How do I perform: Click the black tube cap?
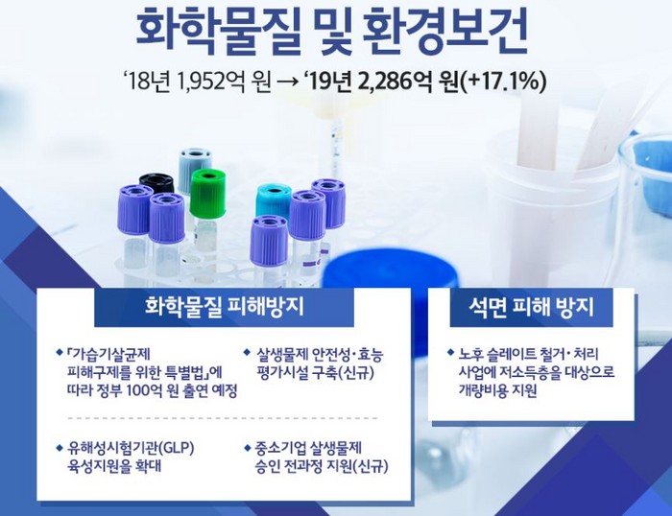pos(156,183)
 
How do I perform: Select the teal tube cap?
pos(274,200)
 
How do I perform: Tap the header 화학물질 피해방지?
pos(225,307)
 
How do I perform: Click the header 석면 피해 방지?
pos(532,307)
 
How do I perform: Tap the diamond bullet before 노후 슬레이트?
pos(450,352)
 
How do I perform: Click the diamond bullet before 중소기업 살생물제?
pos(247,448)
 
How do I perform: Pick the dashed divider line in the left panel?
pos(223,418)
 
